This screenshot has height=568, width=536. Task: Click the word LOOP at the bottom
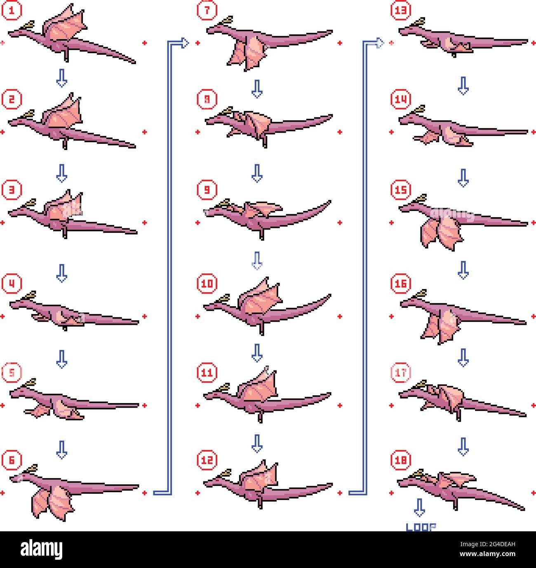pos(421,527)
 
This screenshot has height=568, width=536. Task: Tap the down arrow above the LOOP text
pos(419,507)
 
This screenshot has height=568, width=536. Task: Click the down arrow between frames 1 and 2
pos(61,78)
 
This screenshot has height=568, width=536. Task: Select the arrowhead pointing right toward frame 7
pos(184,42)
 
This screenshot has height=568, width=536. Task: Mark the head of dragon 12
pos(214,480)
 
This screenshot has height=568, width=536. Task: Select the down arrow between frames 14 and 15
pos(463,178)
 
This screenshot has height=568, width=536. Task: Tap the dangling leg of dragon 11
pos(261,417)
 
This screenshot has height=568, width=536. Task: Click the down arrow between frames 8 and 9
pos(257,173)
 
